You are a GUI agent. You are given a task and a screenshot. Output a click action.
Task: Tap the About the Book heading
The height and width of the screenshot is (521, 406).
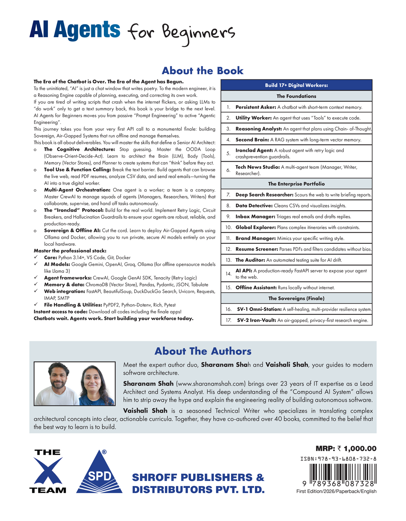point(202,71)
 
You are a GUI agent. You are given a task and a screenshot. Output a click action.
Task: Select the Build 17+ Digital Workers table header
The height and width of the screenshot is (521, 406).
point(296,85)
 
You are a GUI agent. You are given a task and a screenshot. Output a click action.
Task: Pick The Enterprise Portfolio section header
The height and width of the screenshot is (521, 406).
point(296,184)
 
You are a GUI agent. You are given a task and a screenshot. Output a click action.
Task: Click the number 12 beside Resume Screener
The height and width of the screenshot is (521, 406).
point(228,249)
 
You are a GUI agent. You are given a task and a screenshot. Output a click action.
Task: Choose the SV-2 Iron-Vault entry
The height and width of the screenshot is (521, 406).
point(256,320)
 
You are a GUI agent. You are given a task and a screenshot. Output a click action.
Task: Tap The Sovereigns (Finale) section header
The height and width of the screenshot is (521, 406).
point(296,298)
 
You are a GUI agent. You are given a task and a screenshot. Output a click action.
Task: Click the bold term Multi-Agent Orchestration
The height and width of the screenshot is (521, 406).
point(77,190)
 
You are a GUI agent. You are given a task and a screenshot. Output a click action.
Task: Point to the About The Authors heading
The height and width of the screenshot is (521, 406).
point(203,351)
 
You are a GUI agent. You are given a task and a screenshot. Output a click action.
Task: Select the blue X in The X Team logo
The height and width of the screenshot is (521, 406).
point(48,471)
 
